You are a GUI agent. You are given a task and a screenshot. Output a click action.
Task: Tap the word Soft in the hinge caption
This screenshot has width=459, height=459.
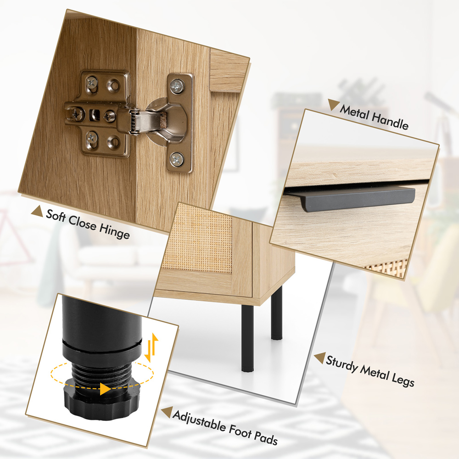pyautogui.click(x=56, y=216)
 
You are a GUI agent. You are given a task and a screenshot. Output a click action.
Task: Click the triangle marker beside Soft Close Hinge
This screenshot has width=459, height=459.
pyautogui.click(x=37, y=211)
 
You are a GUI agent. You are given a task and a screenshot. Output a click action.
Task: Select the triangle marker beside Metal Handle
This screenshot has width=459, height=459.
pyautogui.click(x=333, y=104)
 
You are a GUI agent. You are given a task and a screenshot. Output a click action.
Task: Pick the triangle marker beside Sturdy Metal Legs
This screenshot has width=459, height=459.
pyautogui.click(x=320, y=358)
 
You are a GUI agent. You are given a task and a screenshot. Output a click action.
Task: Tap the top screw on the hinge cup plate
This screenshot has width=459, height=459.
pyautogui.click(x=177, y=87)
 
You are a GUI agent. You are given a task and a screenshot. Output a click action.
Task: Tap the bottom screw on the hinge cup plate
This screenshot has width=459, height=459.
pyautogui.click(x=177, y=160)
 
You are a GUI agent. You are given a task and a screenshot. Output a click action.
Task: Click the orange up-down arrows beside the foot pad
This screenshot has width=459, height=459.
pyautogui.click(x=151, y=347)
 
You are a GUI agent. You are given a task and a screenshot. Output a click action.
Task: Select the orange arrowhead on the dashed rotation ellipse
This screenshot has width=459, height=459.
pyautogui.click(x=105, y=389)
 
